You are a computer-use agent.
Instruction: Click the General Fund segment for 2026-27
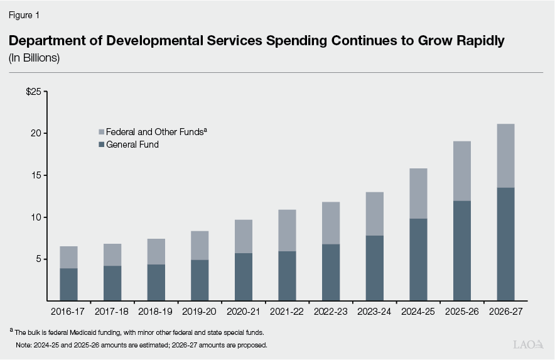click(x=505, y=244)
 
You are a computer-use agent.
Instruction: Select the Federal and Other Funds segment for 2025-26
click(x=461, y=171)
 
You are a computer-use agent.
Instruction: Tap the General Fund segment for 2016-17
click(x=69, y=285)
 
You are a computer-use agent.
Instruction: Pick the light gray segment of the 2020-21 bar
click(x=244, y=236)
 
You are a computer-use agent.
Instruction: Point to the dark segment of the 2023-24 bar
click(x=374, y=268)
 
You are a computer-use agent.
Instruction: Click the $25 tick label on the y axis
click(x=33, y=92)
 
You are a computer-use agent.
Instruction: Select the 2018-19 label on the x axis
click(x=156, y=311)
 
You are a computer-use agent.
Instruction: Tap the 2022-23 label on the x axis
click(x=331, y=311)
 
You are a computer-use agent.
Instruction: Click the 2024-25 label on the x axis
click(x=418, y=311)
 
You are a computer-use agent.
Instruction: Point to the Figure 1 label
click(x=24, y=14)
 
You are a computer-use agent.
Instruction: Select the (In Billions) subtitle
click(x=34, y=58)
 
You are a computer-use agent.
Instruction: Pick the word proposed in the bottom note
click(x=252, y=345)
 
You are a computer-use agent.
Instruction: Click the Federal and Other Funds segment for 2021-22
click(x=287, y=231)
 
